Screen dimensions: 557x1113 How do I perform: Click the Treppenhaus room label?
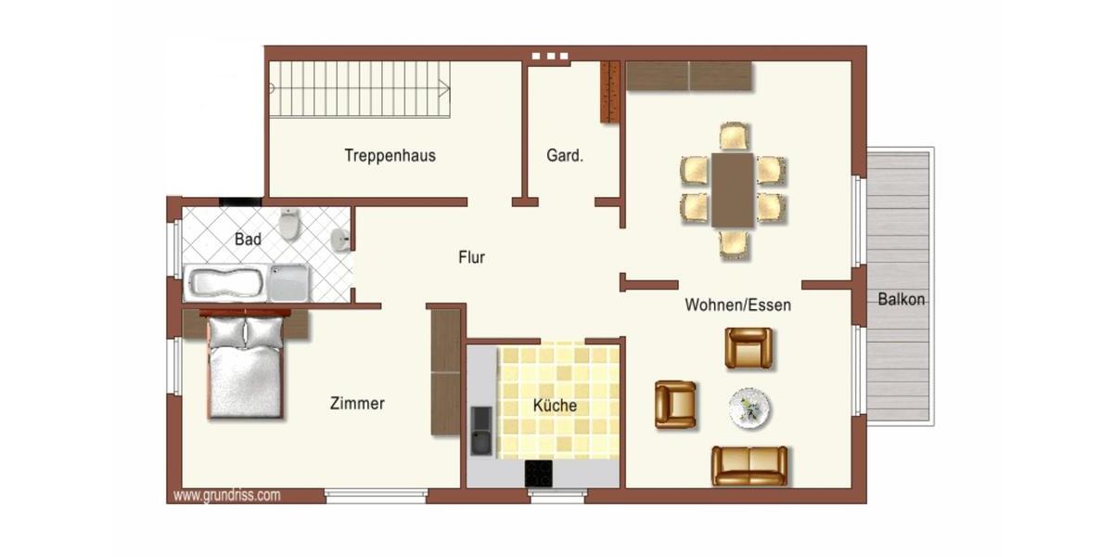[390, 155]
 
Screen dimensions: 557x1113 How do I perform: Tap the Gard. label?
[565, 156]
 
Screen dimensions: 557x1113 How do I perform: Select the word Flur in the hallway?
[471, 257]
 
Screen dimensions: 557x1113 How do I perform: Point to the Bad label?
[248, 239]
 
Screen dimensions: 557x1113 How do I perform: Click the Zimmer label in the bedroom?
[357, 403]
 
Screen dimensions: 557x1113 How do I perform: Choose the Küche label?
[555, 406]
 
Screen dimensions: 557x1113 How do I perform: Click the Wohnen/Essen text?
[737, 304]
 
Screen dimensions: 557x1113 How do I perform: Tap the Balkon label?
[901, 299]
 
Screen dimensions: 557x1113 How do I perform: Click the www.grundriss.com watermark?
[226, 495]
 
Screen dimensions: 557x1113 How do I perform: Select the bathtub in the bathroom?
[246, 282]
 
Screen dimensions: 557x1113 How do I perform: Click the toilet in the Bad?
[290, 224]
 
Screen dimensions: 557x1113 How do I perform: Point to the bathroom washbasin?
[341, 239]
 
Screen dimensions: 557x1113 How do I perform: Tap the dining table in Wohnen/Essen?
[733, 190]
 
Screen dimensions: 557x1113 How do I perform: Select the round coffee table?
[749, 408]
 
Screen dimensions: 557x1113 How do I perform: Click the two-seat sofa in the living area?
[749, 465]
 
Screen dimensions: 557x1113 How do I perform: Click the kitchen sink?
[481, 432]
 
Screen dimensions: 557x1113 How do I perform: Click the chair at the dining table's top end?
[734, 136]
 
